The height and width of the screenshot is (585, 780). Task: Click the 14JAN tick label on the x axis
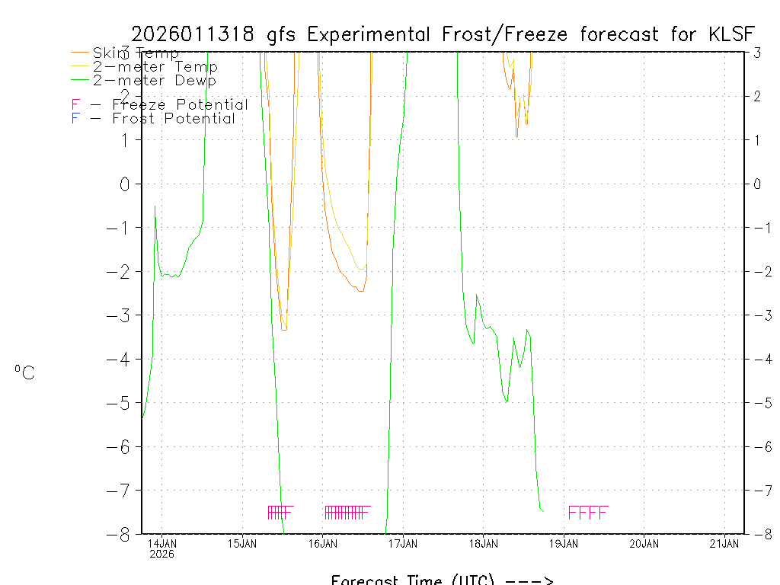click(162, 543)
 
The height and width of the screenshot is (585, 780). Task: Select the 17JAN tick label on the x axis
click(403, 543)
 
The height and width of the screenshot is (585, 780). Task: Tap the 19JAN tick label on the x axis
click(564, 543)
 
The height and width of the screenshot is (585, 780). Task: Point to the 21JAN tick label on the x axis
click(724, 543)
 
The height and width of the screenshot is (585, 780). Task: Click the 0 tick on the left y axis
click(125, 184)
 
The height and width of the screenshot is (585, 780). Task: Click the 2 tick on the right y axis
click(757, 96)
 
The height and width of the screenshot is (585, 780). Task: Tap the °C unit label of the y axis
click(24, 372)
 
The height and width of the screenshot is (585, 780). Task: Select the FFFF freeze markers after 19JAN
click(588, 513)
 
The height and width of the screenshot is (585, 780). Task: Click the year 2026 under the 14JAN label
click(161, 554)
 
